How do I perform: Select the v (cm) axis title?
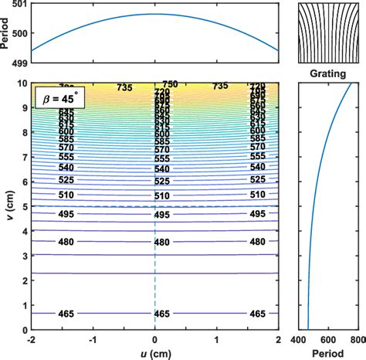7,206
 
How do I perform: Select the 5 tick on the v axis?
24,206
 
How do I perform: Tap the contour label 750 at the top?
170,83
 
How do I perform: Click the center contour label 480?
161,242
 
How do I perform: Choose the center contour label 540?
161,168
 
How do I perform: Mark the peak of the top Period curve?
155,14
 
